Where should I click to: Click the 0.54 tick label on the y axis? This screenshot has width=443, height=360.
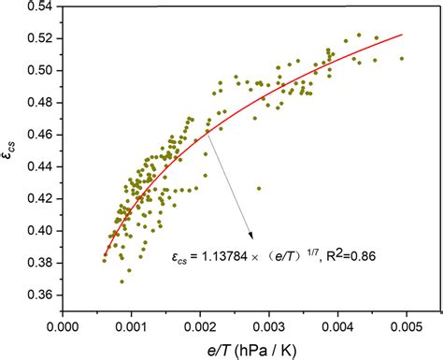pyautogui.click(x=37, y=7)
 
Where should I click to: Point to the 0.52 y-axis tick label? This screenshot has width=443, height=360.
pyautogui.click(x=37, y=38)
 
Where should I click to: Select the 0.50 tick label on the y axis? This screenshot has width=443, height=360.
pyautogui.click(x=37, y=70)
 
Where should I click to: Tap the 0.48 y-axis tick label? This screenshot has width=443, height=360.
pyautogui.click(x=37, y=103)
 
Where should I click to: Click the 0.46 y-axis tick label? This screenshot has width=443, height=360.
pyautogui.click(x=37, y=135)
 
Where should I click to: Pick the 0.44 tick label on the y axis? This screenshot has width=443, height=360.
pyautogui.click(x=37, y=166)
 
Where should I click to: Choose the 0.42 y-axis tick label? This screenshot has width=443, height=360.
pyautogui.click(x=37, y=198)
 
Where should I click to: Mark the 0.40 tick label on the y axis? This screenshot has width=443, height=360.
pyautogui.click(x=37, y=230)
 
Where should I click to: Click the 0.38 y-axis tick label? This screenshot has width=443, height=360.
pyautogui.click(x=37, y=263)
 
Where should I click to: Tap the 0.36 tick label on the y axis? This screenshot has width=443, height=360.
pyautogui.click(x=37, y=295)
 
